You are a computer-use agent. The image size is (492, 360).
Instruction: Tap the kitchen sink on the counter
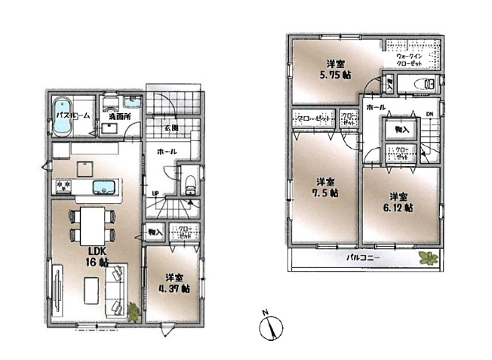100,186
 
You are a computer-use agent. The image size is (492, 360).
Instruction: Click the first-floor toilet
190,181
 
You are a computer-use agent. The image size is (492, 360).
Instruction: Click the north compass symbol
269,328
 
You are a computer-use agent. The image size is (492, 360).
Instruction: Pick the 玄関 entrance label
171,128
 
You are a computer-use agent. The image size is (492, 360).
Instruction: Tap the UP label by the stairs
155,192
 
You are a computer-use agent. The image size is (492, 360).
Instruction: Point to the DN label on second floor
429,114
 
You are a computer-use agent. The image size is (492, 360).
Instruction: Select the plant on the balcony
428,259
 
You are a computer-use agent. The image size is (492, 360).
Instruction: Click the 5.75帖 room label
337,69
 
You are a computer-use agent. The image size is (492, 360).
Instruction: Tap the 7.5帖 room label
327,187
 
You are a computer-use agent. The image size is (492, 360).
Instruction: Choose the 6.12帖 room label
398,200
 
